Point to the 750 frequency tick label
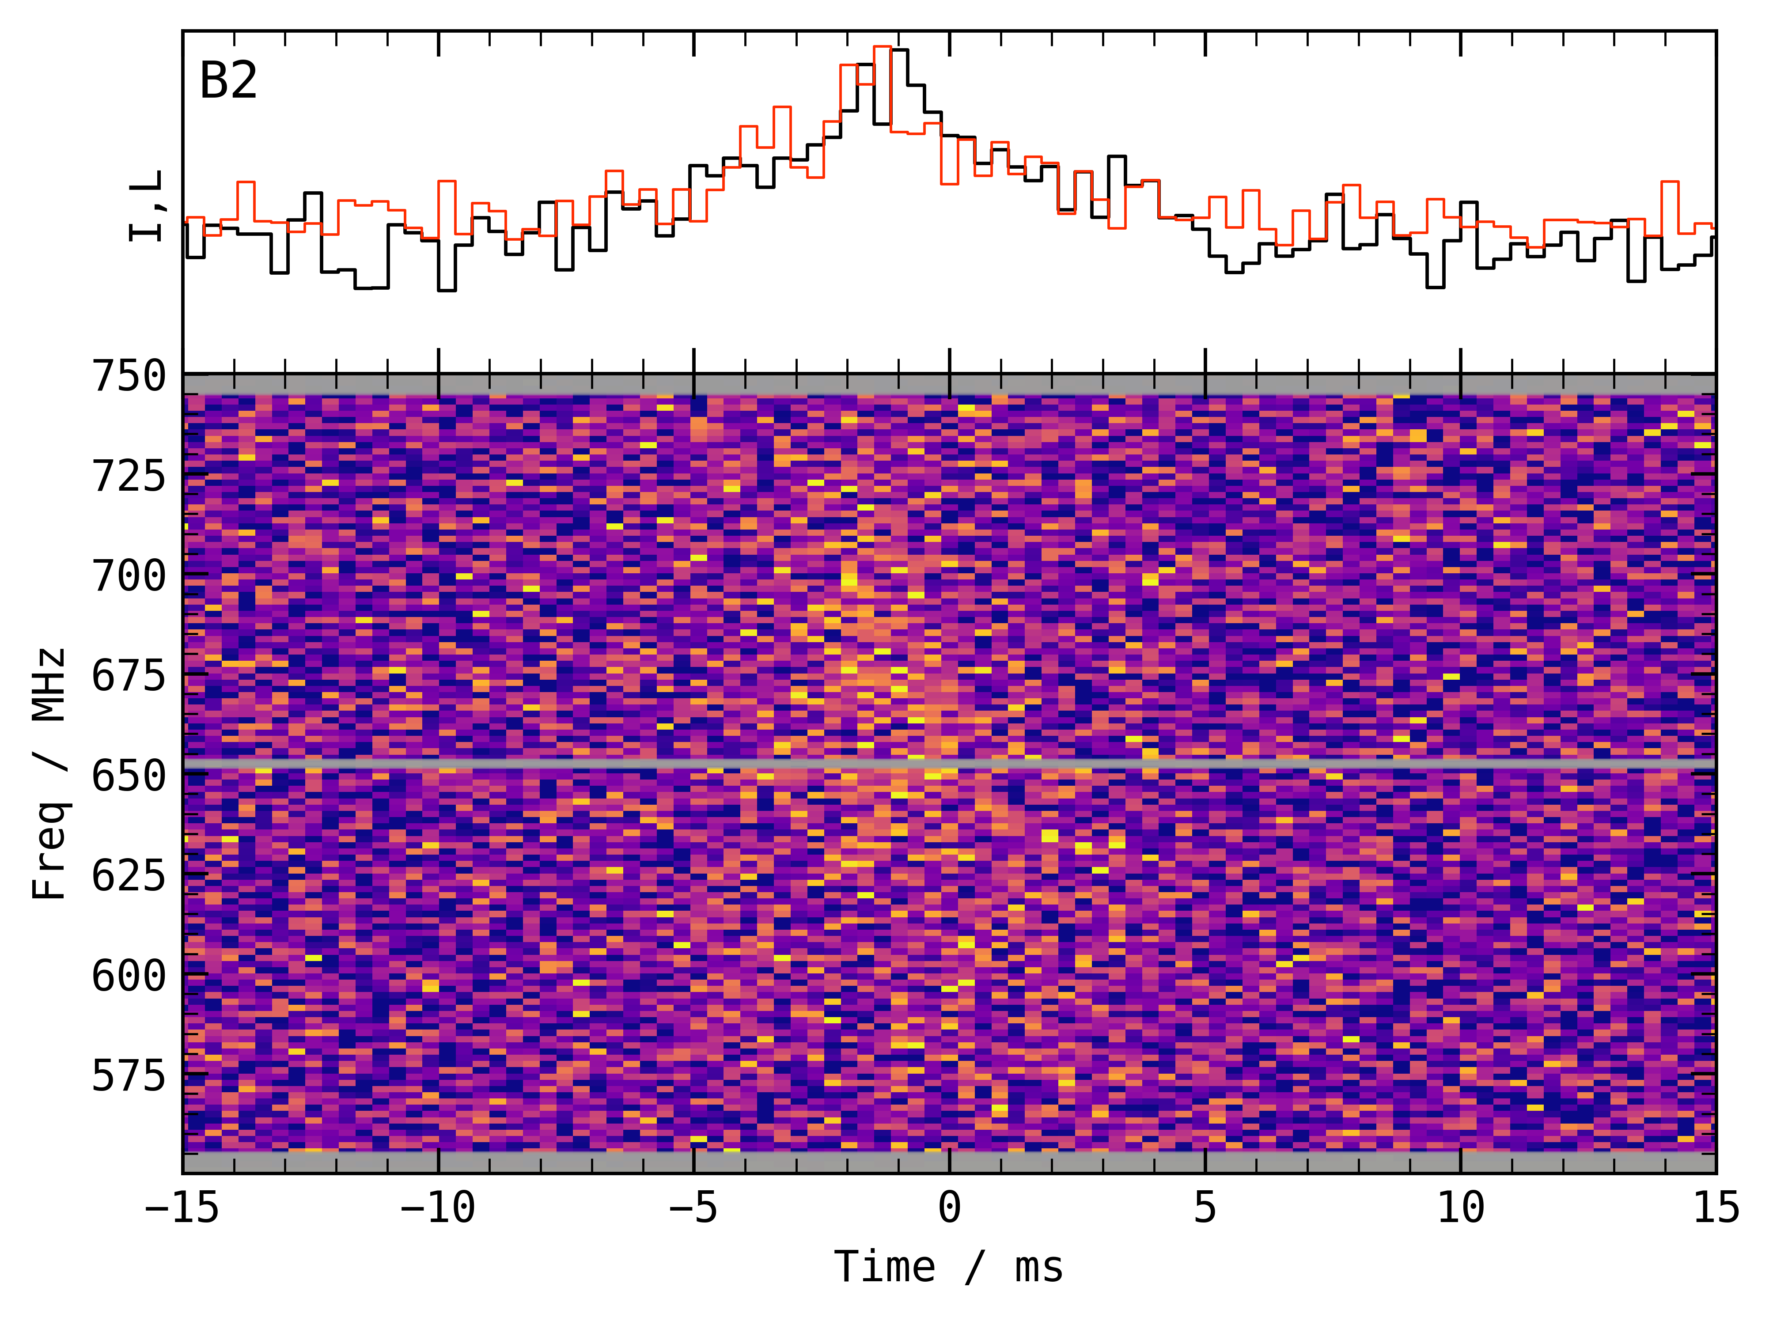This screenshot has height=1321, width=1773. pos(129,376)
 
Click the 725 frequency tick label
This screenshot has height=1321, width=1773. pos(129,477)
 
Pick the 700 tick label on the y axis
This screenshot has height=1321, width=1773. pos(129,576)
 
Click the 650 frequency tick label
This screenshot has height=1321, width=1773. pos(129,776)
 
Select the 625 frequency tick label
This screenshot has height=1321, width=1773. pos(129,876)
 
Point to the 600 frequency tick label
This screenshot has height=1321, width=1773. pos(129,976)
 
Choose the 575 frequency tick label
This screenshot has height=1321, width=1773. pos(129,1075)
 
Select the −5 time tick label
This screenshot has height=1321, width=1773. pos(693,1207)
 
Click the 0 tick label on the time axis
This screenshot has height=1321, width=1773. pos(949,1207)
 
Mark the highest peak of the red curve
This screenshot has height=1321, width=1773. pos(882,47)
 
